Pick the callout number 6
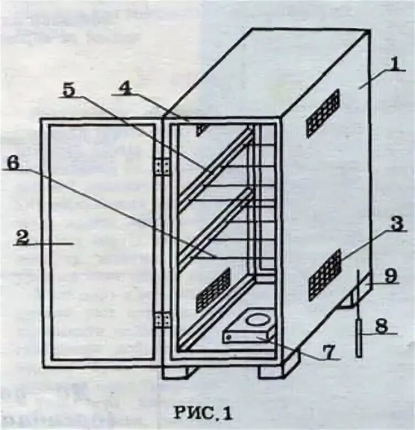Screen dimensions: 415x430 tap(12, 162)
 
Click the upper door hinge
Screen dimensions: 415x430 tap(162, 166)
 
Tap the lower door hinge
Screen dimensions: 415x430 tap(162, 319)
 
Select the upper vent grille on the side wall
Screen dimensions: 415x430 tap(323, 113)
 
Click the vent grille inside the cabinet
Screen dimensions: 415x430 tap(213, 290)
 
